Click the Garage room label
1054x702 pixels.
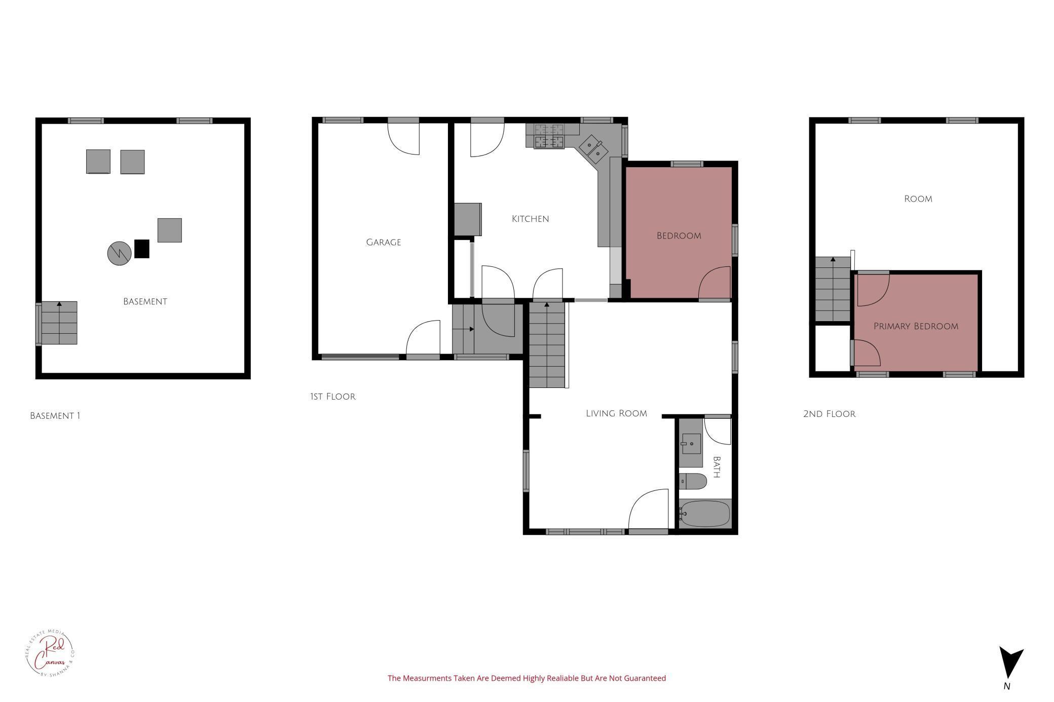(383, 243)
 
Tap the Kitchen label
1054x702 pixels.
(530, 219)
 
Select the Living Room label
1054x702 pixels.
(616, 413)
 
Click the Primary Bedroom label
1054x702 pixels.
(916, 326)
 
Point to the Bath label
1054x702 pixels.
(717, 467)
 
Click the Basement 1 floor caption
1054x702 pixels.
(55, 416)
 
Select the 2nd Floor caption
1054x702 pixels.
(829, 414)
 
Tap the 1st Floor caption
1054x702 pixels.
(332, 397)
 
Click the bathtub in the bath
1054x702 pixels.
(705, 514)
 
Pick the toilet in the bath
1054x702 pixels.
(693, 481)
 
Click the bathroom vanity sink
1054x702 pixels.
(691, 444)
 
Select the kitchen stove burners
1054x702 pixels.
(549, 136)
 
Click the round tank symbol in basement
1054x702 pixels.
(119, 253)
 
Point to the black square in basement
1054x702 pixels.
(142, 249)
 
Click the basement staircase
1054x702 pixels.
(59, 323)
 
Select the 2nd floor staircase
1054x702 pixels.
(833, 289)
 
